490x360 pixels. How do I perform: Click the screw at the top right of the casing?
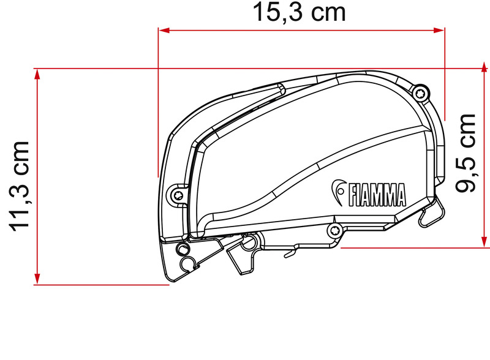(x=420, y=93)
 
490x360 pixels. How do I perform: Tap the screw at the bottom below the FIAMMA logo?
(x=334, y=230)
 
